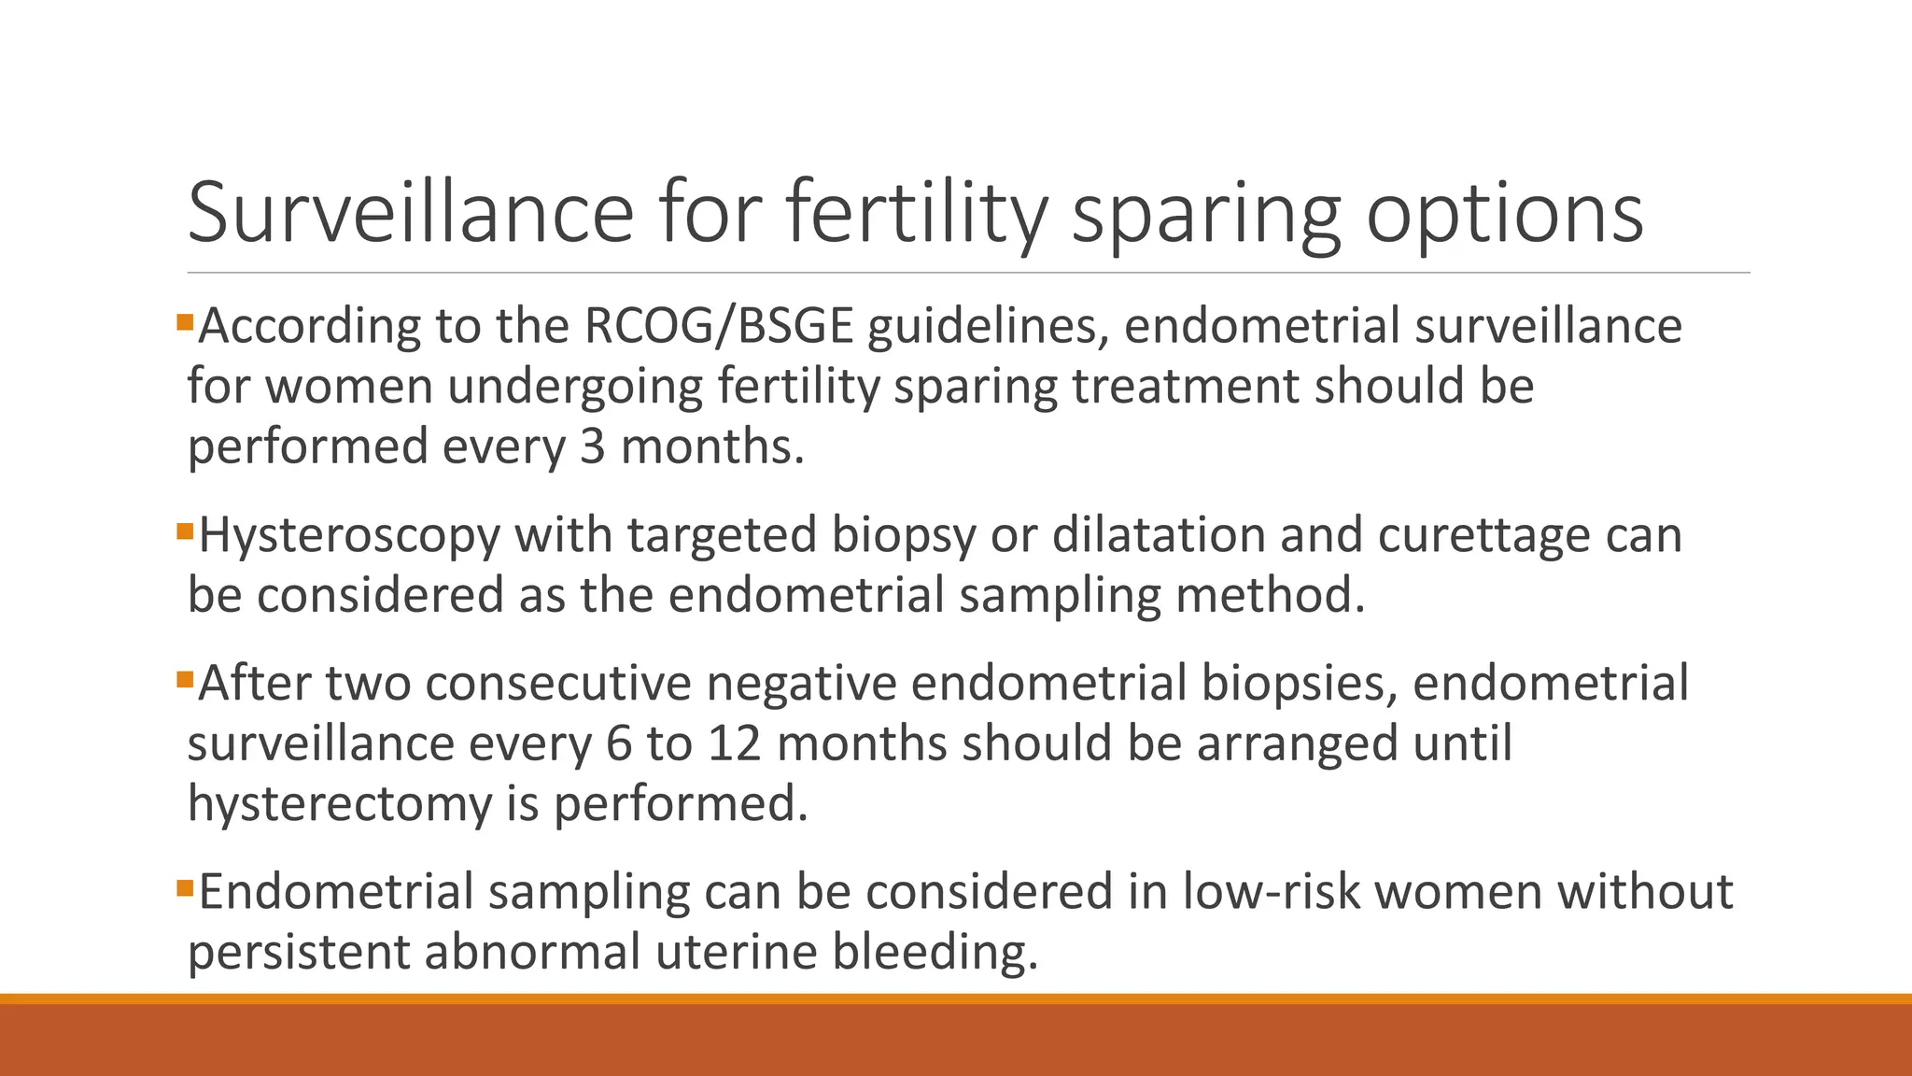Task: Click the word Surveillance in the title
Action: click(411, 213)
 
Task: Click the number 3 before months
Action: click(593, 446)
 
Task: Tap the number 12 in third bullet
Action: click(734, 743)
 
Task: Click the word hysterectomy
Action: click(339, 804)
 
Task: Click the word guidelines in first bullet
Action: click(988, 327)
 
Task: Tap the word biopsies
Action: click(1298, 684)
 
